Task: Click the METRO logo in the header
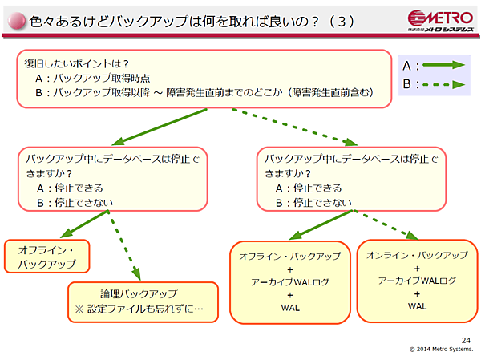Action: pos(440,19)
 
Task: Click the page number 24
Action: pos(467,340)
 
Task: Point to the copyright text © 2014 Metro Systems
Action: pos(442,349)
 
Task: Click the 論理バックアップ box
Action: pos(143,301)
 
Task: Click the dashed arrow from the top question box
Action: pos(296,125)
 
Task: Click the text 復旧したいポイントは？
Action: pos(77,63)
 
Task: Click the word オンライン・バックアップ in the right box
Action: pos(417,255)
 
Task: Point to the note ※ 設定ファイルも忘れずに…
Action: pos(139,309)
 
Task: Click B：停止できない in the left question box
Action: pos(75,202)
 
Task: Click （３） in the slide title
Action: pos(340,22)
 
